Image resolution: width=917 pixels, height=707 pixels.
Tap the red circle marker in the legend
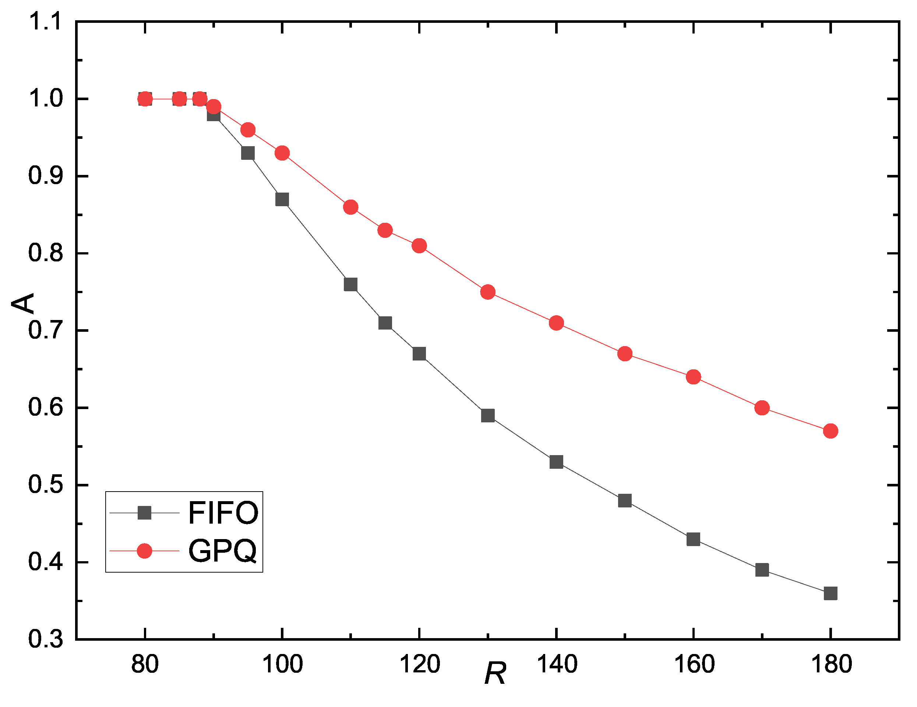click(144, 551)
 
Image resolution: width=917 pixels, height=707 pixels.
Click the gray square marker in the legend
click(144, 513)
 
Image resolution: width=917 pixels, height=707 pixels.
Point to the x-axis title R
click(495, 673)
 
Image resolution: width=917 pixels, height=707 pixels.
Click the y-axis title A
click(23, 303)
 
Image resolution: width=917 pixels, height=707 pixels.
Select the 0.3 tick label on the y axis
click(45, 639)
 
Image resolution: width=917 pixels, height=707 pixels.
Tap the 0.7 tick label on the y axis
click(45, 330)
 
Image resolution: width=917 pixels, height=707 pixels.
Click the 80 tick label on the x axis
click(145, 664)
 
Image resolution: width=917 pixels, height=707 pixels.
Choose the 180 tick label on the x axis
click(831, 664)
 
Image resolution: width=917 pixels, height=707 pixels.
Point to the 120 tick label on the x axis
click(419, 664)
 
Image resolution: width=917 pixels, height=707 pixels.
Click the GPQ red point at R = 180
click(830, 431)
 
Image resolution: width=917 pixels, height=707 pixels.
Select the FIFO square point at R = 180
click(830, 593)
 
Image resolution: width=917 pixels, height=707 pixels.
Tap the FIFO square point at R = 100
click(282, 199)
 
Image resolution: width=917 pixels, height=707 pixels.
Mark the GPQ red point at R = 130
click(487, 292)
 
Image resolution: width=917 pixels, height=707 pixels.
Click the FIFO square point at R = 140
click(556, 462)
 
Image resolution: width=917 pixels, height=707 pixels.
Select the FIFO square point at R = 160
click(693, 539)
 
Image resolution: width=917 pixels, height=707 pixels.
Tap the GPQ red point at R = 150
click(625, 354)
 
